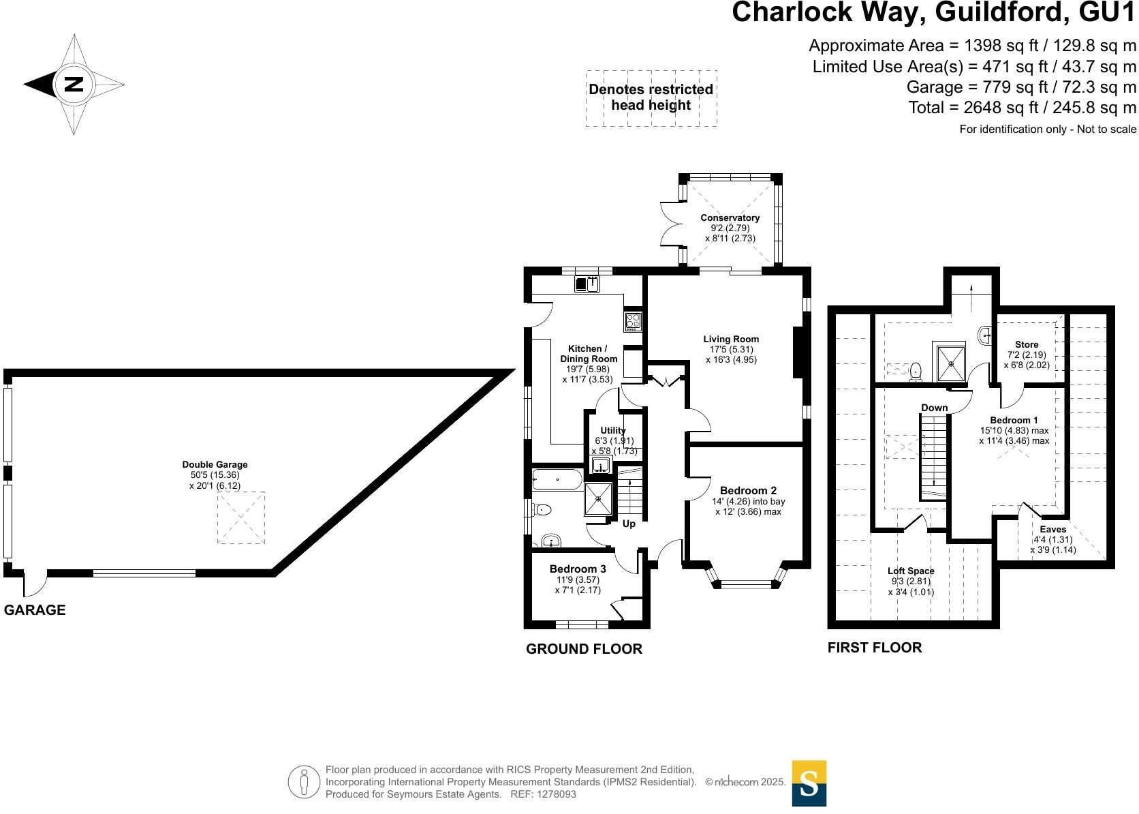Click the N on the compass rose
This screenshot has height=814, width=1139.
tap(73, 85)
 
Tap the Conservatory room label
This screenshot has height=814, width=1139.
tap(730, 218)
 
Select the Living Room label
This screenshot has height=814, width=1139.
tap(731, 339)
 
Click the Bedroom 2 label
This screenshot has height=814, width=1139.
tap(748, 490)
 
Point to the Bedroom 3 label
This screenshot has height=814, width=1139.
tap(578, 569)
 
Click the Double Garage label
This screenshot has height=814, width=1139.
tap(215, 465)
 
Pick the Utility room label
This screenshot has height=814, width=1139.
tap(612, 430)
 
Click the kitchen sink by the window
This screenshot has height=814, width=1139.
tap(587, 284)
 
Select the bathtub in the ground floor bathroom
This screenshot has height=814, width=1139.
tap(557, 479)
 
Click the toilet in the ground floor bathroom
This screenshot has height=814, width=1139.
tap(542, 509)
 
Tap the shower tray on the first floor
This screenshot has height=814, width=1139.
tap(948, 362)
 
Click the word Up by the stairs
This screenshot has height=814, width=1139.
tap(629, 524)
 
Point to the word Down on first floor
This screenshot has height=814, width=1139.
tap(934, 408)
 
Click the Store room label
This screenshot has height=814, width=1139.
tap(1027, 344)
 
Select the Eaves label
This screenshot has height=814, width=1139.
tap(1053, 529)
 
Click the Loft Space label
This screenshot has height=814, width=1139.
tap(911, 571)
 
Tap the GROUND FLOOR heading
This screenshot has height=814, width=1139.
tap(584, 649)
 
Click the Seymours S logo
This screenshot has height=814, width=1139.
tap(809, 783)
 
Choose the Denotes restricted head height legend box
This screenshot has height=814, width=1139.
tap(651, 97)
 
